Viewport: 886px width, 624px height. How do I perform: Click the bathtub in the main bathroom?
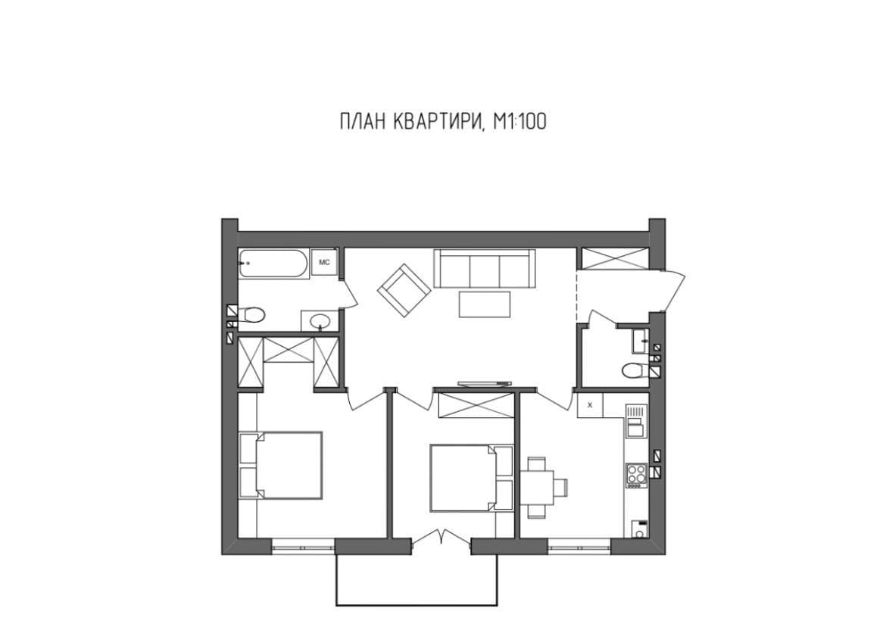click(x=273, y=264)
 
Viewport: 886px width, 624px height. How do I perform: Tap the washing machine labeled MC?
click(x=324, y=262)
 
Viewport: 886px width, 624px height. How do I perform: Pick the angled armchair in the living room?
click(x=404, y=291)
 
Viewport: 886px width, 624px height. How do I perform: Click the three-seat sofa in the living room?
click(x=484, y=269)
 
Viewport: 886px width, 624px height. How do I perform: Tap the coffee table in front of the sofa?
click(x=485, y=304)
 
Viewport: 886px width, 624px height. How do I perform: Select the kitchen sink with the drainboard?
click(x=635, y=422)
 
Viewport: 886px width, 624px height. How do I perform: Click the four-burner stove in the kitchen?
click(x=636, y=476)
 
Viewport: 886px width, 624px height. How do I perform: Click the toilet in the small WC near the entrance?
click(x=635, y=371)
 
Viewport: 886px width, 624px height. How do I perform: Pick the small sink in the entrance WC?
click(x=640, y=341)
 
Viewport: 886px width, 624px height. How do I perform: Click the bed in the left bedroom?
click(x=282, y=465)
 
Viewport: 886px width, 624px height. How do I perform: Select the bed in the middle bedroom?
click(x=471, y=478)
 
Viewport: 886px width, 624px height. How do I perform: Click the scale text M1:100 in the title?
click(x=519, y=121)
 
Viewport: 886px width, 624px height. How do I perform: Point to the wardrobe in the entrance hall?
click(x=613, y=258)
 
